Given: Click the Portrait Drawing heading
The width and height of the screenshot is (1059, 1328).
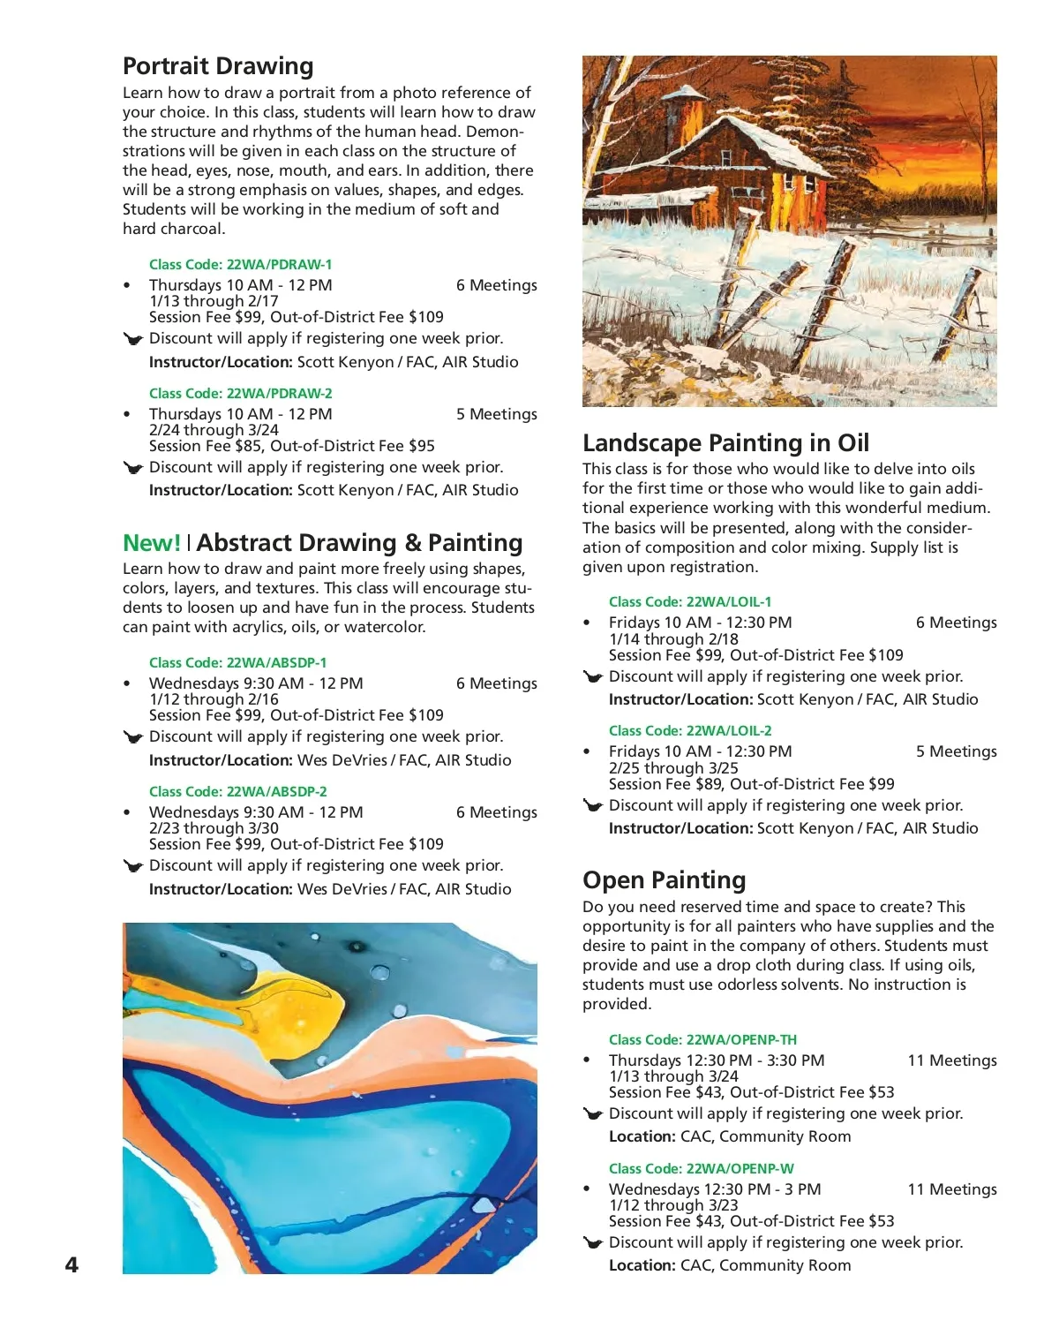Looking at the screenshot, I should coord(218,66).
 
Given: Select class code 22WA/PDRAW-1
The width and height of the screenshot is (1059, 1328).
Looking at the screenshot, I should coord(240,264).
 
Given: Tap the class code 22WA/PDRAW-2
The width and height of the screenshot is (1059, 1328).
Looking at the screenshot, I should coord(240,393).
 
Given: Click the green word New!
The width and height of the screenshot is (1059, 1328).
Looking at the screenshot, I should coord(152,543).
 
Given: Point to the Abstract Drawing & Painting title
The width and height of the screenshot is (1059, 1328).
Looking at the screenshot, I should coord(359,543).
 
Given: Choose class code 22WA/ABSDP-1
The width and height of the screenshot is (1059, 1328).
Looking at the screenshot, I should coord(237,662).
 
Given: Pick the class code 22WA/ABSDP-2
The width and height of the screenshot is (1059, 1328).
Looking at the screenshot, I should coord(237,791).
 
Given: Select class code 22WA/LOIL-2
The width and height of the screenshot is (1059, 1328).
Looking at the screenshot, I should coord(690,730).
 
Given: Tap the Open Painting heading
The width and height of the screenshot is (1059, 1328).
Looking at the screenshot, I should coord(664,879).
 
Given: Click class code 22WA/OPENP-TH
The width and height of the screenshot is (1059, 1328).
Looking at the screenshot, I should coord(702,1039).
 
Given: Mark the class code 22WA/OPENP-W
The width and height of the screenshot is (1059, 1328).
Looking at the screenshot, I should coord(701,1168).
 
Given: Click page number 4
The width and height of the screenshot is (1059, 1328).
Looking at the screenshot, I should coord(71,1264).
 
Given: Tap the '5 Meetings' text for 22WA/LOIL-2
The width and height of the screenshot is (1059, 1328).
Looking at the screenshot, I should coord(956,751).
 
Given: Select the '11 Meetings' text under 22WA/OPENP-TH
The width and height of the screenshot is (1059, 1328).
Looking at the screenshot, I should coord(952,1060).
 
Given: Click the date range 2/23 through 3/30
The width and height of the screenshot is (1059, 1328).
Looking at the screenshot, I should coord(214,828).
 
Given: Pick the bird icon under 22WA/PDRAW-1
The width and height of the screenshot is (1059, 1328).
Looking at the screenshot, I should coord(133,339).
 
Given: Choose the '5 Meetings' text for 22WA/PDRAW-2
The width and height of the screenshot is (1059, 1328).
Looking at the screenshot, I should coord(496,414).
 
